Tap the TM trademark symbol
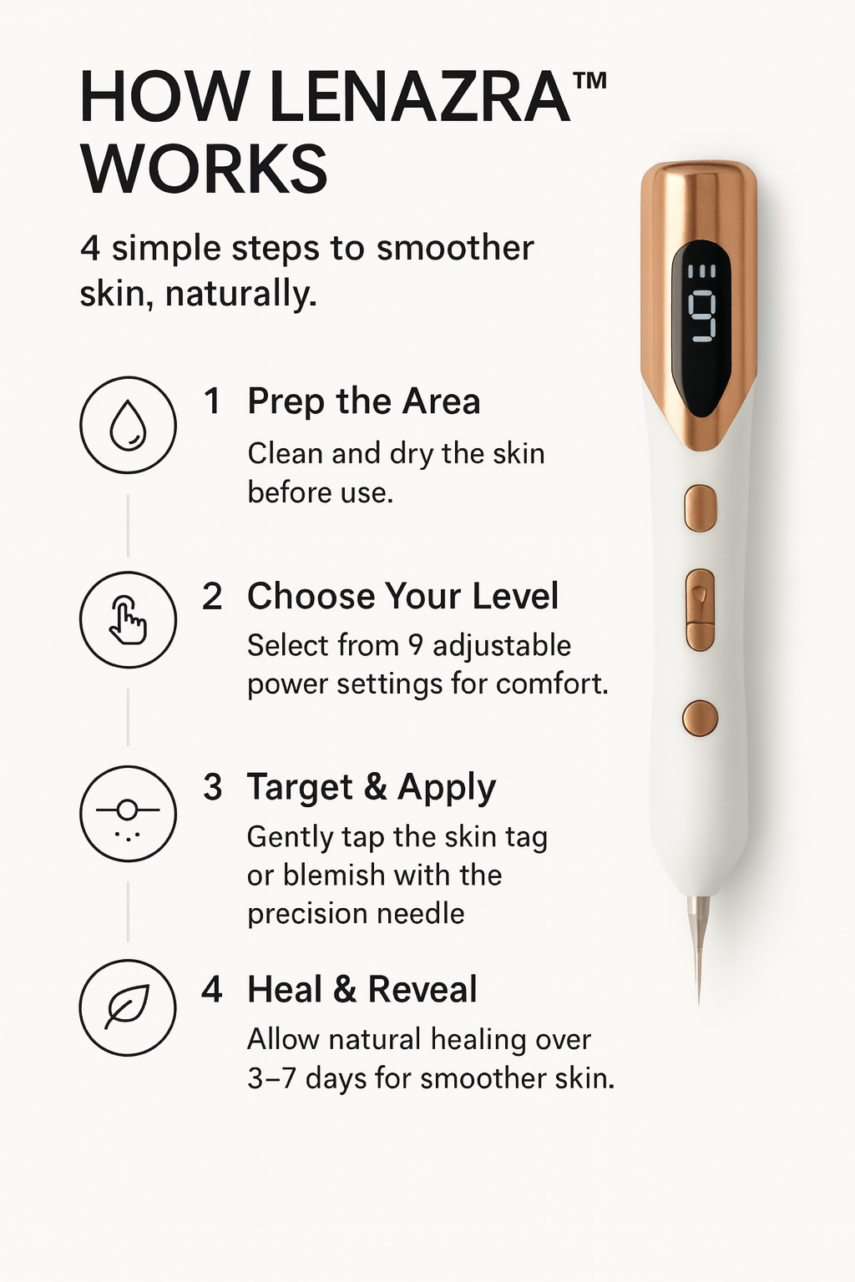(589, 80)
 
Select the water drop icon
(128, 425)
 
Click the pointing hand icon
(128, 620)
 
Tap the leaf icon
(127, 1008)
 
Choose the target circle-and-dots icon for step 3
(128, 815)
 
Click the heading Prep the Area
(364, 401)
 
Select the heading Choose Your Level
(402, 597)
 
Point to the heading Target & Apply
(371, 788)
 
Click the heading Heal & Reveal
(362, 989)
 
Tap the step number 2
(212, 597)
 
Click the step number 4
(212, 990)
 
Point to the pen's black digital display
(701, 328)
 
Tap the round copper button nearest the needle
(700, 718)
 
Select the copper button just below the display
(701, 508)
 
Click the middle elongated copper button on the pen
(701, 610)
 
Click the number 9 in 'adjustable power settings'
(416, 645)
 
